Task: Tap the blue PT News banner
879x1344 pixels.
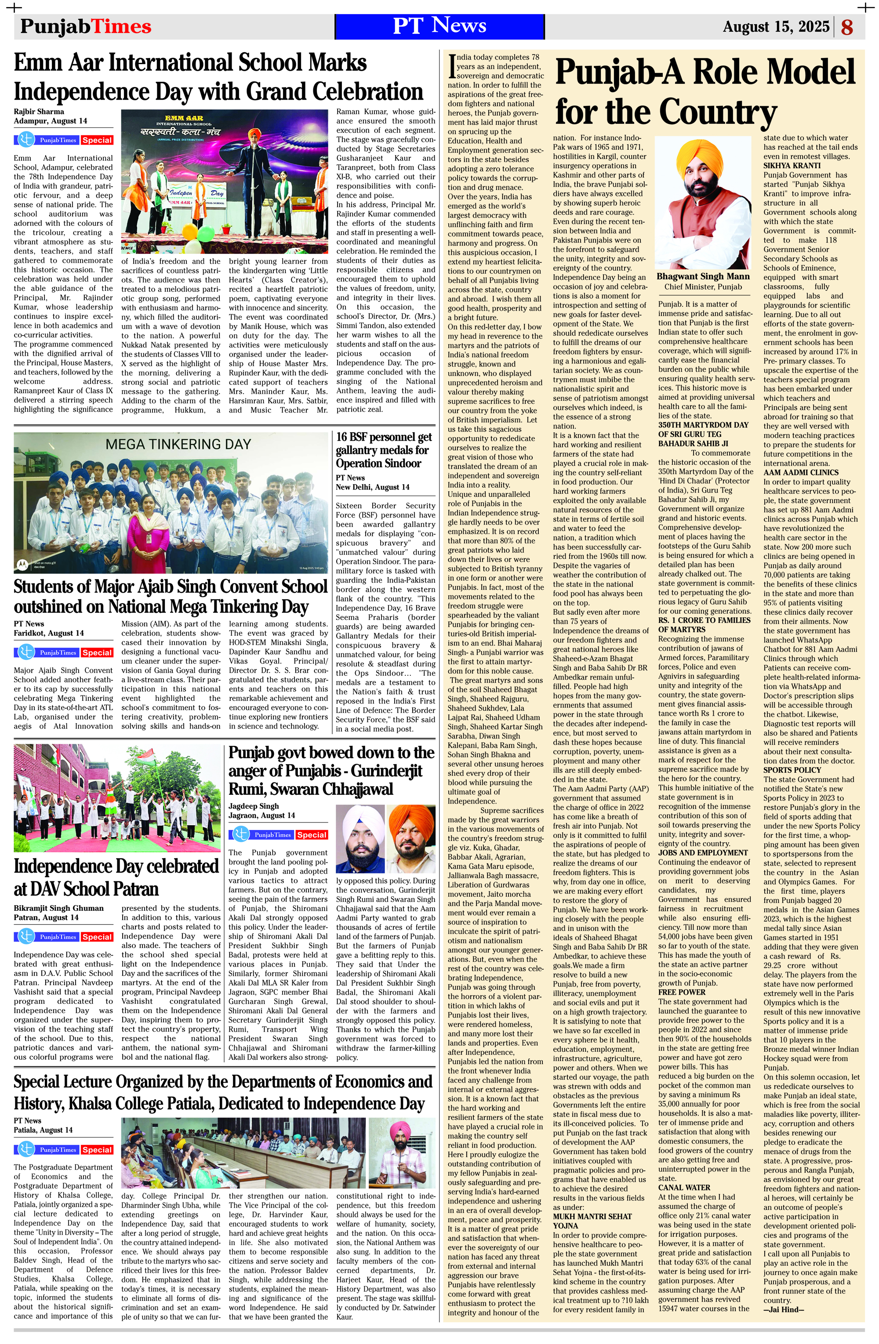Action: click(x=439, y=26)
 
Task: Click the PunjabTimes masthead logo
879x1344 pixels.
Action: click(x=86, y=26)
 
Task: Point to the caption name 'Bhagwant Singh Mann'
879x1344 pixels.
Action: click(x=703, y=277)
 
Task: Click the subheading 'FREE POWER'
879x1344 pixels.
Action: click(x=682, y=992)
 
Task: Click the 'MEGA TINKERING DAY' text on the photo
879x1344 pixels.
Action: click(x=178, y=445)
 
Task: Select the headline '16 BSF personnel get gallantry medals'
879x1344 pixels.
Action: click(x=384, y=450)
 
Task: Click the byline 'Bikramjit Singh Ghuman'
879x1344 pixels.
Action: click(x=59, y=908)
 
